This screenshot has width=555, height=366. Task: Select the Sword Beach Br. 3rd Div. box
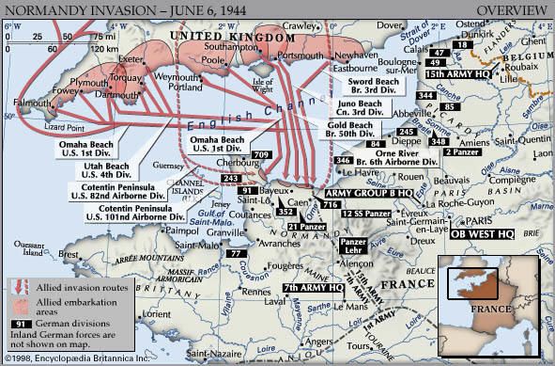362,88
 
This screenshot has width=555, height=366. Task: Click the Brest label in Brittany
66,254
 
